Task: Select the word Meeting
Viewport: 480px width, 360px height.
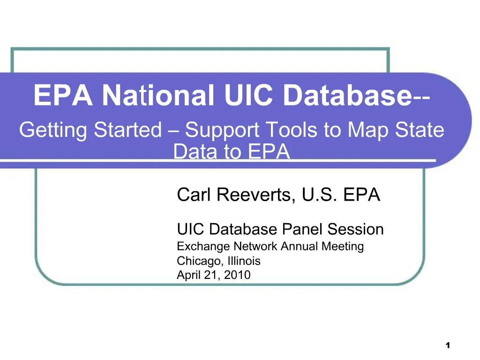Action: pos(343,247)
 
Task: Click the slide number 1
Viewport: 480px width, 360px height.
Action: pos(448,345)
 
